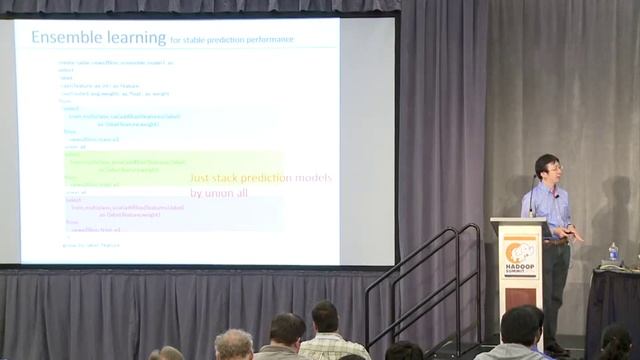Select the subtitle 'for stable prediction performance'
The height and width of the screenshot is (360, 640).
pos(232,40)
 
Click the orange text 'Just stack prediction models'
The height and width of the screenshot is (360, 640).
pos(260,178)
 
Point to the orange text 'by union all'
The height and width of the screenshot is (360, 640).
pos(218,192)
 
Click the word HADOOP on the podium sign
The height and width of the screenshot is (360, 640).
pos(520,267)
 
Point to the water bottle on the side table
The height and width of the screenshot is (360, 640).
pos(613,252)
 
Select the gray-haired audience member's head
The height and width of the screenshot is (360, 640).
pos(233,344)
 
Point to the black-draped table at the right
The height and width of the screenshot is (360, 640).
pos(612,300)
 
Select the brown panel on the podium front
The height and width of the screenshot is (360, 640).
pos(520,292)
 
